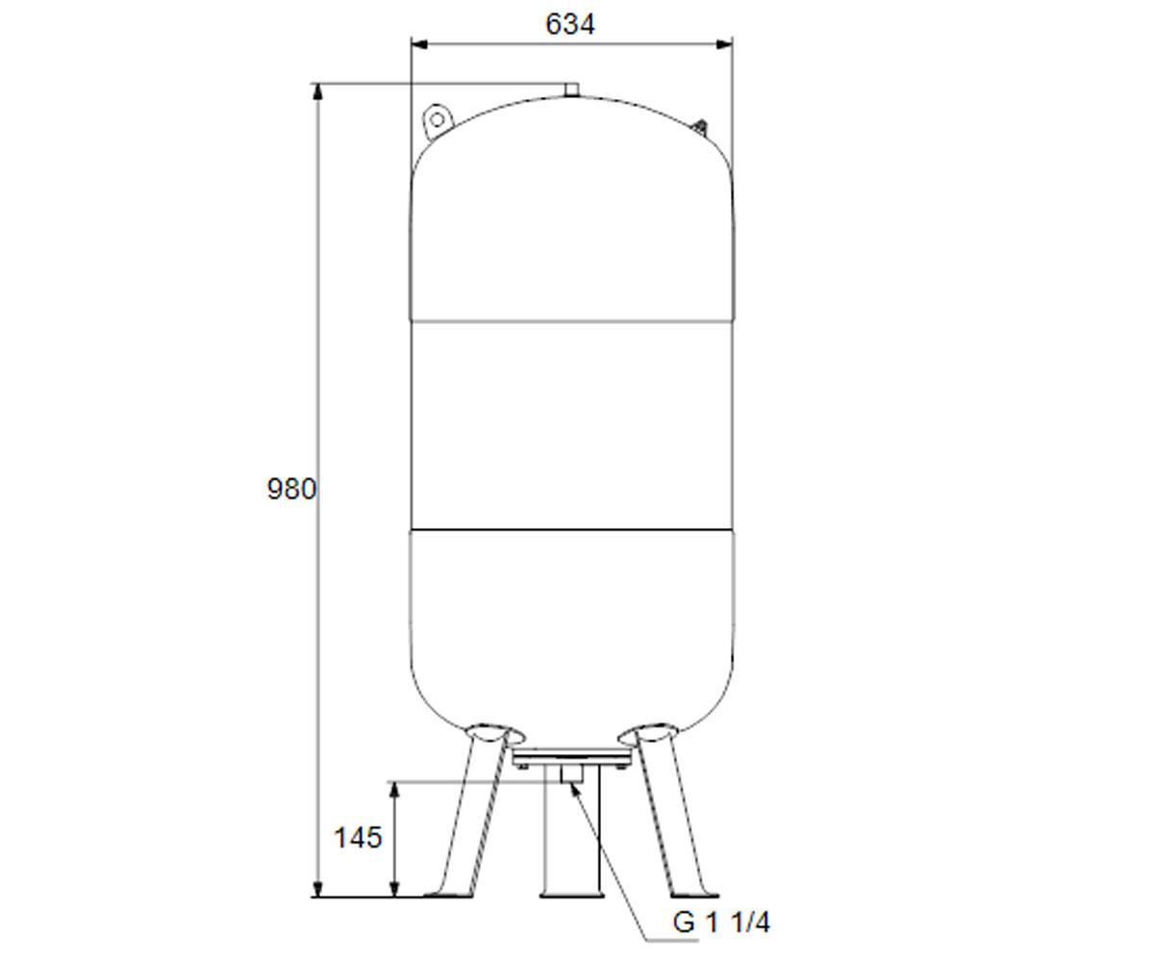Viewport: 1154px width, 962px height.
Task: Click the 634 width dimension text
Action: point(570,24)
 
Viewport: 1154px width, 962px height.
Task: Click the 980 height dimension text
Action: point(291,489)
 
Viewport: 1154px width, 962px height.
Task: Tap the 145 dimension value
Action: point(358,838)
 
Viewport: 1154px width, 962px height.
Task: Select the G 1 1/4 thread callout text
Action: point(721,923)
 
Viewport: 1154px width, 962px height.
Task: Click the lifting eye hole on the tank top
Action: point(438,119)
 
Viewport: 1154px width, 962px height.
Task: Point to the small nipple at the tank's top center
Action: point(571,89)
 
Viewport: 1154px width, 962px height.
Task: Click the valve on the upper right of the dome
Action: point(700,127)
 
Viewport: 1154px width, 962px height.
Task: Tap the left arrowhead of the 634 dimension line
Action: point(419,44)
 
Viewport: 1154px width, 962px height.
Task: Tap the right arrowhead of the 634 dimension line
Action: point(724,44)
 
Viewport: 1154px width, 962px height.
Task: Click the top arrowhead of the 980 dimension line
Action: point(316,92)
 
